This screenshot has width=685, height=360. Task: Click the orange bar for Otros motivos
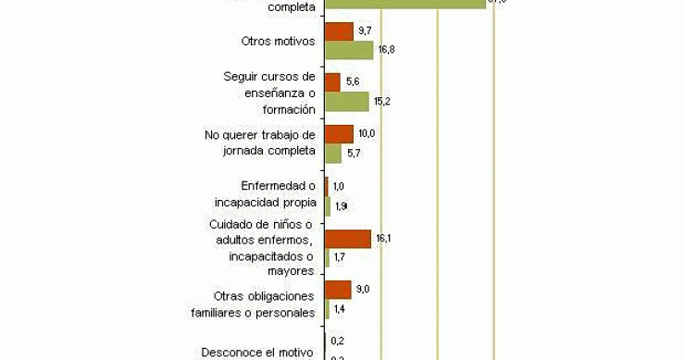[x=339, y=31]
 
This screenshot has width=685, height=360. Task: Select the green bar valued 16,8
[x=349, y=50]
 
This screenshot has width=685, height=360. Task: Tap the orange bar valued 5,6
[x=332, y=82]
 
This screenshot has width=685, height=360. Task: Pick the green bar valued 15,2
[x=346, y=101]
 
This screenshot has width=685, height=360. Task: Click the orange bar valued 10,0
[x=339, y=134]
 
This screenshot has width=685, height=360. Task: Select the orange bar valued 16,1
[x=348, y=239]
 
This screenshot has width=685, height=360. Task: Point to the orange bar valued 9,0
[x=338, y=290]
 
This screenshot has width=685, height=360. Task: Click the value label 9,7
[x=365, y=31]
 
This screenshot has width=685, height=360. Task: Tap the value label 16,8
[x=386, y=50]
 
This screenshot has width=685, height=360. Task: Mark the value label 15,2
[x=381, y=101]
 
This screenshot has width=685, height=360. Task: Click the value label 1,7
[x=340, y=256]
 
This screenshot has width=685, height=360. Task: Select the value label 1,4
[x=340, y=308]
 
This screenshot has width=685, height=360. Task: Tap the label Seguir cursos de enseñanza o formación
[x=270, y=92]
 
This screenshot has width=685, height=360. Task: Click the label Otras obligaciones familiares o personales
[x=265, y=304]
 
